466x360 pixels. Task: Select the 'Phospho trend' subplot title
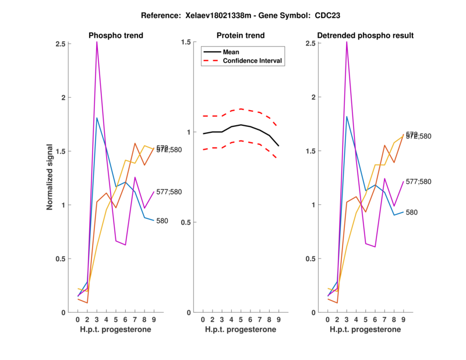(x=116, y=36)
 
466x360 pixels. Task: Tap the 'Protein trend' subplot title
(x=241, y=36)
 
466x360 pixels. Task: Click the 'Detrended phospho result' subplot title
(x=366, y=36)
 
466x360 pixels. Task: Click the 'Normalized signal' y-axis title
(x=51, y=177)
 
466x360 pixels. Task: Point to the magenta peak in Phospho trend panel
(x=97, y=43)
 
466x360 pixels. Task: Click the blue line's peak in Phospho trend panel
(x=97, y=118)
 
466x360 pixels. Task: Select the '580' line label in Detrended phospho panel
(x=412, y=213)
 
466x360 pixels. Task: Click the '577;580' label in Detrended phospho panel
(x=419, y=182)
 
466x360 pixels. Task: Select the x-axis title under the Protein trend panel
(x=241, y=330)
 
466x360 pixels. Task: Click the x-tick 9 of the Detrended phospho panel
(x=404, y=319)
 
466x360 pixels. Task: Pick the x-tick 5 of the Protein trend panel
(x=241, y=319)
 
